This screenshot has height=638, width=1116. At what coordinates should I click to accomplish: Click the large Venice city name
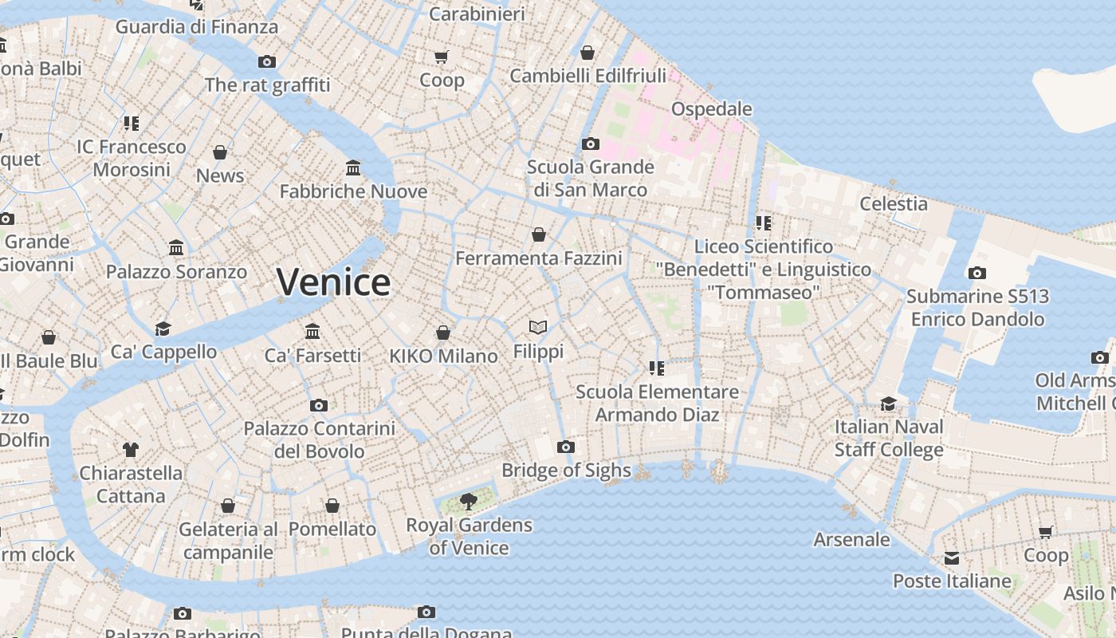point(333,282)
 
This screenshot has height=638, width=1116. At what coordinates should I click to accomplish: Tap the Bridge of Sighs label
point(566,471)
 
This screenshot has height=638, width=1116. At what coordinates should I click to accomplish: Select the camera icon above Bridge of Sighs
point(566,447)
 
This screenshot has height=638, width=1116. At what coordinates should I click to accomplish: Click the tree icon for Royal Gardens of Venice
point(469,502)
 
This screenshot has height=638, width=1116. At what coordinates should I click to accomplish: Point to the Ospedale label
point(712,108)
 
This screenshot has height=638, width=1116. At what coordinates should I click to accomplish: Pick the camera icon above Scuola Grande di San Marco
point(590,144)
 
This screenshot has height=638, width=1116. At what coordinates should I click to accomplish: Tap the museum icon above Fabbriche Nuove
point(353,167)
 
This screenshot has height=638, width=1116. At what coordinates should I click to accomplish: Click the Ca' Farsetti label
point(312,356)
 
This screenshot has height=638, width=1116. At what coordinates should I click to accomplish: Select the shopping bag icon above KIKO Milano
point(443,333)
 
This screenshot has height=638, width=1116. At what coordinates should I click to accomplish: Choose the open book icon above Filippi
point(538,327)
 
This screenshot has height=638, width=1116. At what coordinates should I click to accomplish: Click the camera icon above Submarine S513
point(976,273)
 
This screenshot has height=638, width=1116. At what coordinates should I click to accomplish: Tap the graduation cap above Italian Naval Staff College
point(888,404)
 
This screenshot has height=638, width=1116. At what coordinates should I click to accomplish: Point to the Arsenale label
point(851,540)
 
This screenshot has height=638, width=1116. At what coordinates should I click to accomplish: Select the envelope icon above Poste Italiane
point(952,557)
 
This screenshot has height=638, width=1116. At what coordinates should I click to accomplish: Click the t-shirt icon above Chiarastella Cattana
point(131,450)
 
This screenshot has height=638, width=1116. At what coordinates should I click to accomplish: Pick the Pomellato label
point(332,530)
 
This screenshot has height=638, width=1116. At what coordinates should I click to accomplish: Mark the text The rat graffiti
point(267,85)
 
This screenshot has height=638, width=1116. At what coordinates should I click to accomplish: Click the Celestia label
point(893,204)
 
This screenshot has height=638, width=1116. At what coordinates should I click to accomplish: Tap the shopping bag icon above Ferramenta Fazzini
point(539,234)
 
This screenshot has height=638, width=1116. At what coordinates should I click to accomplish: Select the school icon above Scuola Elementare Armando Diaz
point(657,368)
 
